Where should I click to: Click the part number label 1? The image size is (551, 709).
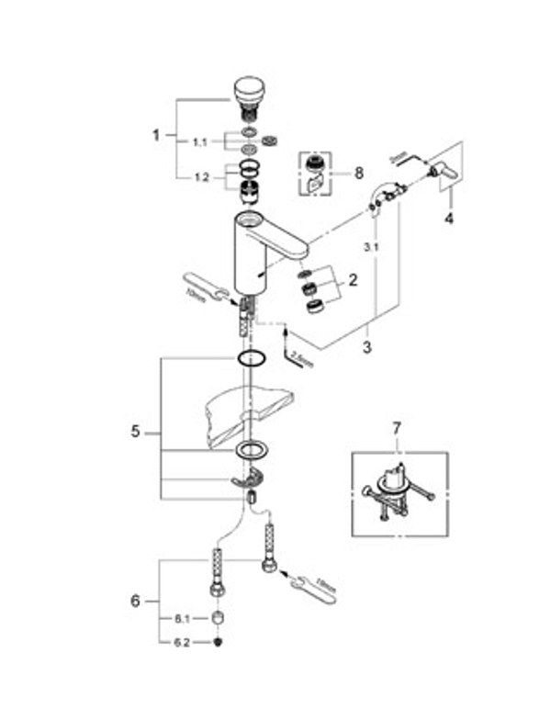[x=156, y=134]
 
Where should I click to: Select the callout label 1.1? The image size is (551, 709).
[x=199, y=141]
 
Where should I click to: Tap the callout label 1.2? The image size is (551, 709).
[x=199, y=177]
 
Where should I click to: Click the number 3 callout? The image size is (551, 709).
[x=367, y=349]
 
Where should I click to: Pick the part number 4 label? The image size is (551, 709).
[x=449, y=219]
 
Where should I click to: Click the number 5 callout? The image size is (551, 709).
[x=136, y=431]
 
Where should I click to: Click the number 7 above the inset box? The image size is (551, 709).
[x=398, y=429]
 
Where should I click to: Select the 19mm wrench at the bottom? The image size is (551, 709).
[x=312, y=587]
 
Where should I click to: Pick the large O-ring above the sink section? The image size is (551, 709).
[x=250, y=357]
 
